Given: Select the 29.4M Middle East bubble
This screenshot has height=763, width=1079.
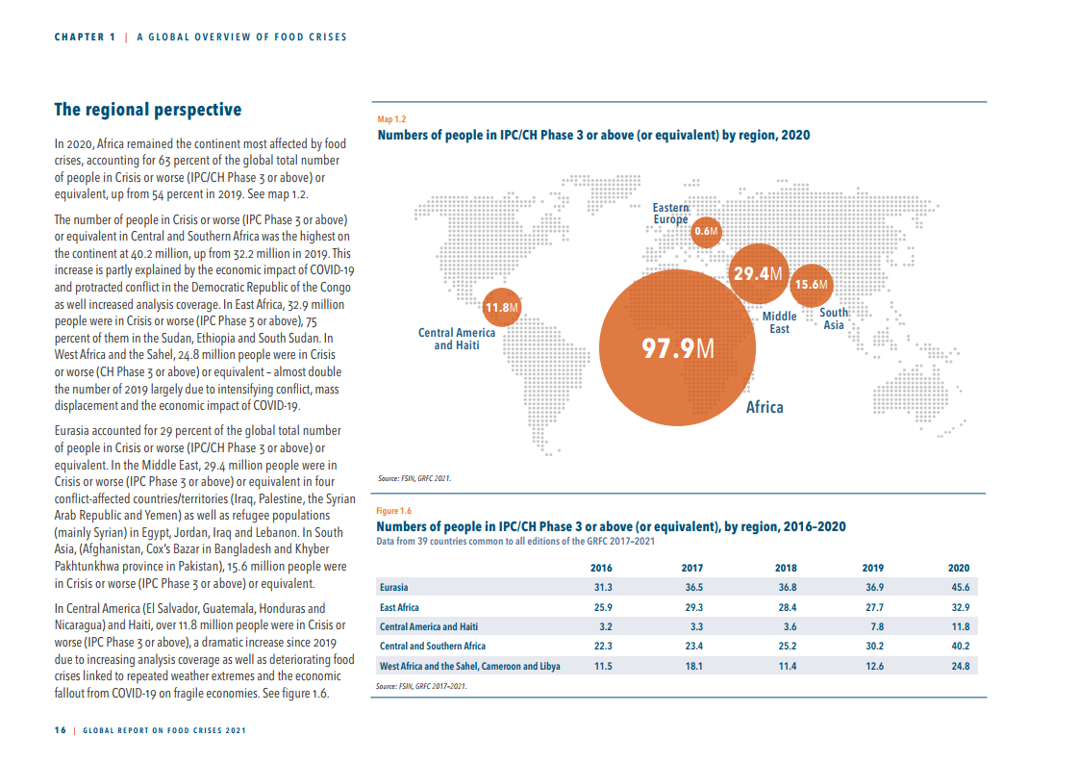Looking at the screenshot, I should [x=759, y=274].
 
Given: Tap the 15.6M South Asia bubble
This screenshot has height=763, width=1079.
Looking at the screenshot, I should [x=810, y=285].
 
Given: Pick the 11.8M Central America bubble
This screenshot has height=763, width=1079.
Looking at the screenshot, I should [x=501, y=308].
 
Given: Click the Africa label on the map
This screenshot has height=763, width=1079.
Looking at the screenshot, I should [x=765, y=407].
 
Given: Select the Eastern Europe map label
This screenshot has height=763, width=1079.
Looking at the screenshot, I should [x=670, y=214].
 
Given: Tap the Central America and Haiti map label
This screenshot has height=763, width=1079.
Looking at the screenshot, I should [x=457, y=339].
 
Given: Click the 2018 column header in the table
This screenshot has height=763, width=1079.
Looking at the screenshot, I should [x=787, y=568].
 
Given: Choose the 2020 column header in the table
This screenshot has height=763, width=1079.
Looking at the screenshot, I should [x=958, y=568].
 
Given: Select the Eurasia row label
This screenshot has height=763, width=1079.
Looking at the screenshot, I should [x=393, y=587].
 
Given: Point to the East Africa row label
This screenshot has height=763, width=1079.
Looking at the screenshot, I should [x=399, y=607].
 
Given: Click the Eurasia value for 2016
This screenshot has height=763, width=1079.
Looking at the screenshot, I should [x=603, y=587].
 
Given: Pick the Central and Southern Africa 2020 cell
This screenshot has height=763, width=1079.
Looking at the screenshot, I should [x=959, y=646].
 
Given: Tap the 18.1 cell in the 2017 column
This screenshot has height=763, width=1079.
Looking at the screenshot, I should [x=692, y=666].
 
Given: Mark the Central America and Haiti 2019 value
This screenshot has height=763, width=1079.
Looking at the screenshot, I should [x=874, y=626].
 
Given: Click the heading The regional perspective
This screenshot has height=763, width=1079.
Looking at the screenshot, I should [x=147, y=110].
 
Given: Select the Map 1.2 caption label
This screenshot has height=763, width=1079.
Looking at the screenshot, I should [x=391, y=118].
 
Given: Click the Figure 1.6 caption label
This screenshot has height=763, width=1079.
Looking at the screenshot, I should [x=393, y=511].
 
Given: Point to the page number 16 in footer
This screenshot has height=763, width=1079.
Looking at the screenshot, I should [x=60, y=731].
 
